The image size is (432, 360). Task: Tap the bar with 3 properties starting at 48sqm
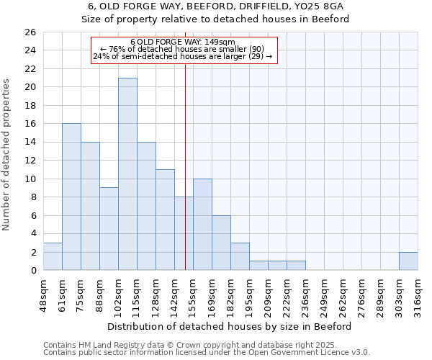pos(53,256)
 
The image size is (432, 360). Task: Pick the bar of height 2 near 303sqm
pos(408,261)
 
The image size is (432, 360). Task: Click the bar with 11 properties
pos(165,220)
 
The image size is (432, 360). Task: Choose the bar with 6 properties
pos(221,243)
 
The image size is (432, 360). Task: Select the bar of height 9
pos(109,229)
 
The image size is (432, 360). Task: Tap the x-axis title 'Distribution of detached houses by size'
pos(230,326)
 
